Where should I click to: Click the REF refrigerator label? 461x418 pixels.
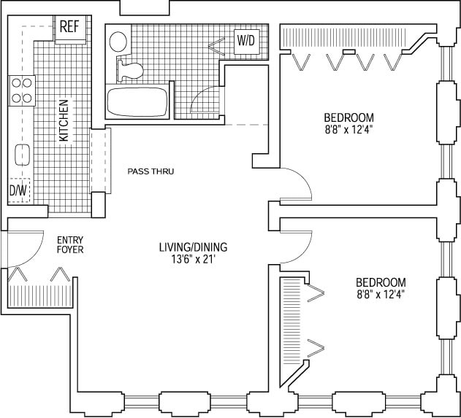69,28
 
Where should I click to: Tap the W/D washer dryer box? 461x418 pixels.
245,42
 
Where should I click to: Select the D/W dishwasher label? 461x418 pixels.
17,191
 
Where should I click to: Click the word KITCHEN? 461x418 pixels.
64,120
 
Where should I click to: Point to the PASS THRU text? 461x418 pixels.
151,172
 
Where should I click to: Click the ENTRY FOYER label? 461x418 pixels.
70,244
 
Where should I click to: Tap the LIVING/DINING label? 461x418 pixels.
194,246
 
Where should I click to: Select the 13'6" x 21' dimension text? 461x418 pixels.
193,259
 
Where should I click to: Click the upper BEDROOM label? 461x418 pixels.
348,117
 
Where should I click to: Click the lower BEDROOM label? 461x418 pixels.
381,282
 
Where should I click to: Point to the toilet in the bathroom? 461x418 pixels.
129,68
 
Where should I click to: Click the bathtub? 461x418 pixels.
138,102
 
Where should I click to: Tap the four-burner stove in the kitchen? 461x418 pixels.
22,90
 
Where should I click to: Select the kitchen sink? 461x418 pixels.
22,155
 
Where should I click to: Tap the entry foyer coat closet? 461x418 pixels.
39,292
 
